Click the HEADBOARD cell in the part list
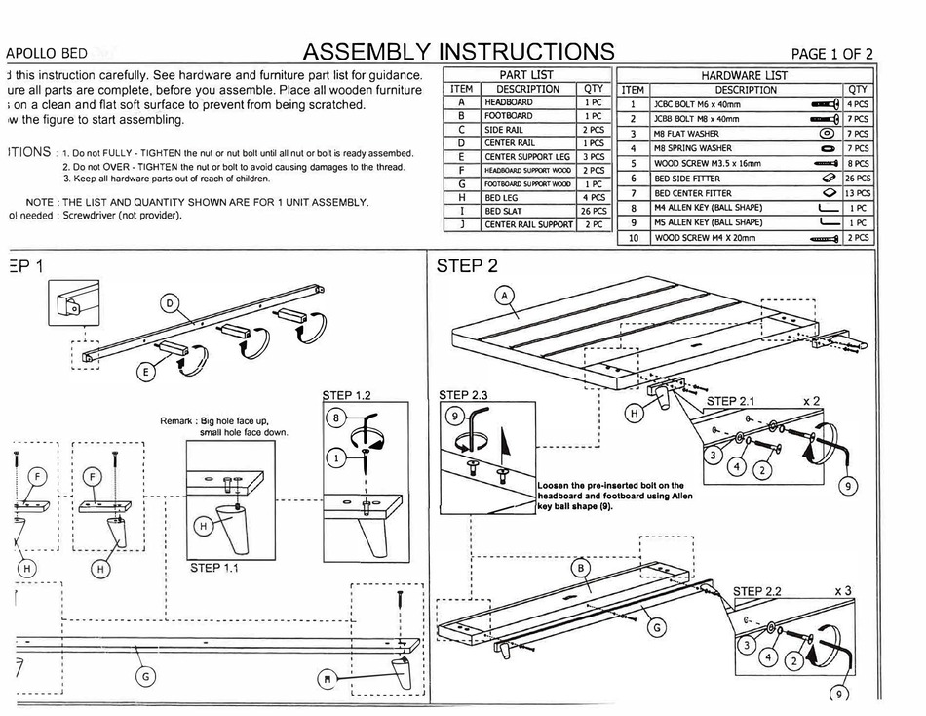click(509, 102)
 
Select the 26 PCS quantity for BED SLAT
click(593, 211)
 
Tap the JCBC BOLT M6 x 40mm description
click(699, 103)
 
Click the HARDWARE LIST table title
click(745, 75)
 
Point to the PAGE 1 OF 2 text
click(831, 54)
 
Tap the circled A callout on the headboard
click(505, 296)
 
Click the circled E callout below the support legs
click(146, 370)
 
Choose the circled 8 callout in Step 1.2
click(334, 418)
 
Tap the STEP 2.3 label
click(468, 395)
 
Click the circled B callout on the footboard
click(581, 567)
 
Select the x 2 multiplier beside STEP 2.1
click(812, 401)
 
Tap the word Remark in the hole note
click(178, 421)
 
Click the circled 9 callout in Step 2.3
click(451, 416)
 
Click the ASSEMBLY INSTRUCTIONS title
click(458, 51)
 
